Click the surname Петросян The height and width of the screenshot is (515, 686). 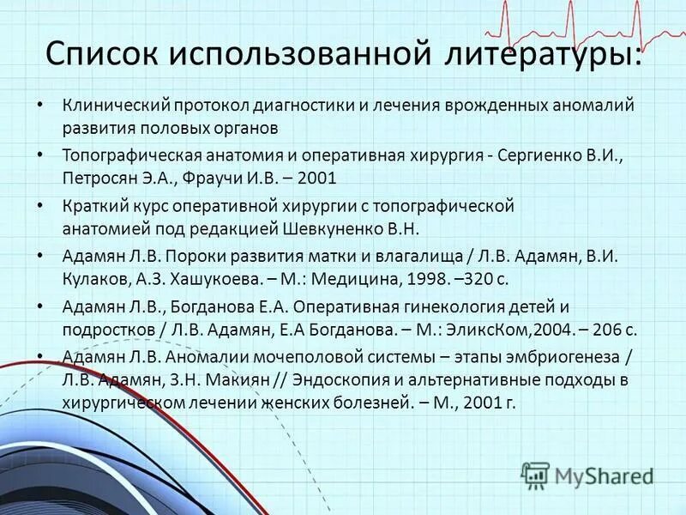coord(101,179)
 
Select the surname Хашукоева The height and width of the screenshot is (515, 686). coord(214,279)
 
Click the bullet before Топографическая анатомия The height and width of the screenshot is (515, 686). coord(42,156)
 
